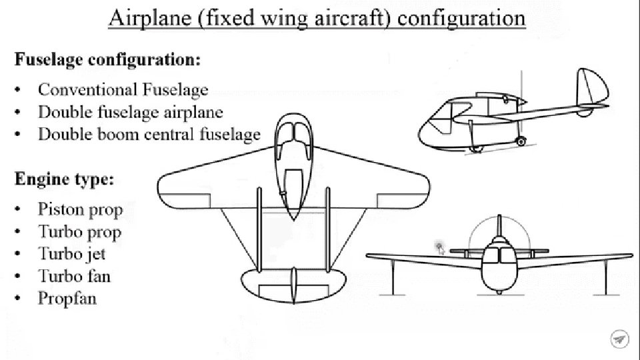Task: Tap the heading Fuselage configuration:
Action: (x=107, y=59)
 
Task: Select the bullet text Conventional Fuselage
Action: (x=123, y=90)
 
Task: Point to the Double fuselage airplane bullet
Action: (x=131, y=112)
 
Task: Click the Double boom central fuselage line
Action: (x=149, y=134)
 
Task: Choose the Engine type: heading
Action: (x=64, y=179)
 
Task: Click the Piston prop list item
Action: (x=81, y=210)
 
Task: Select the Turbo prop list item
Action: (x=80, y=232)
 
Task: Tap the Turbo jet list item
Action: (x=72, y=254)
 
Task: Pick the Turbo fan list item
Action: (x=74, y=276)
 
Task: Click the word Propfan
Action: (x=67, y=298)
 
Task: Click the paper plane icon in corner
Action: (x=619, y=339)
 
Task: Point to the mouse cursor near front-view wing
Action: (x=440, y=249)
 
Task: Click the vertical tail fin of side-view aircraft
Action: (x=592, y=87)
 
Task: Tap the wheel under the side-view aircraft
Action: (x=520, y=141)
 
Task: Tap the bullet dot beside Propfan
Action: (x=19, y=298)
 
